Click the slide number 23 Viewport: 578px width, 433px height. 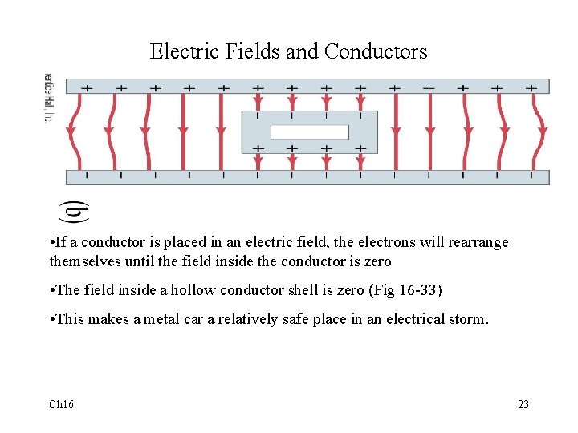(x=523, y=404)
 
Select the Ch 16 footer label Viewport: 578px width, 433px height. (x=62, y=404)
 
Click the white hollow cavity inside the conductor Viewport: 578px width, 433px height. (x=309, y=132)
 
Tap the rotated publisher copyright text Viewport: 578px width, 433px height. (x=47, y=99)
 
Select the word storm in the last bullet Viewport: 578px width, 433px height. (x=468, y=319)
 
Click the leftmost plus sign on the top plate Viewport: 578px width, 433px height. (x=87, y=87)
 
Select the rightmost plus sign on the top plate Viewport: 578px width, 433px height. (x=531, y=87)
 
